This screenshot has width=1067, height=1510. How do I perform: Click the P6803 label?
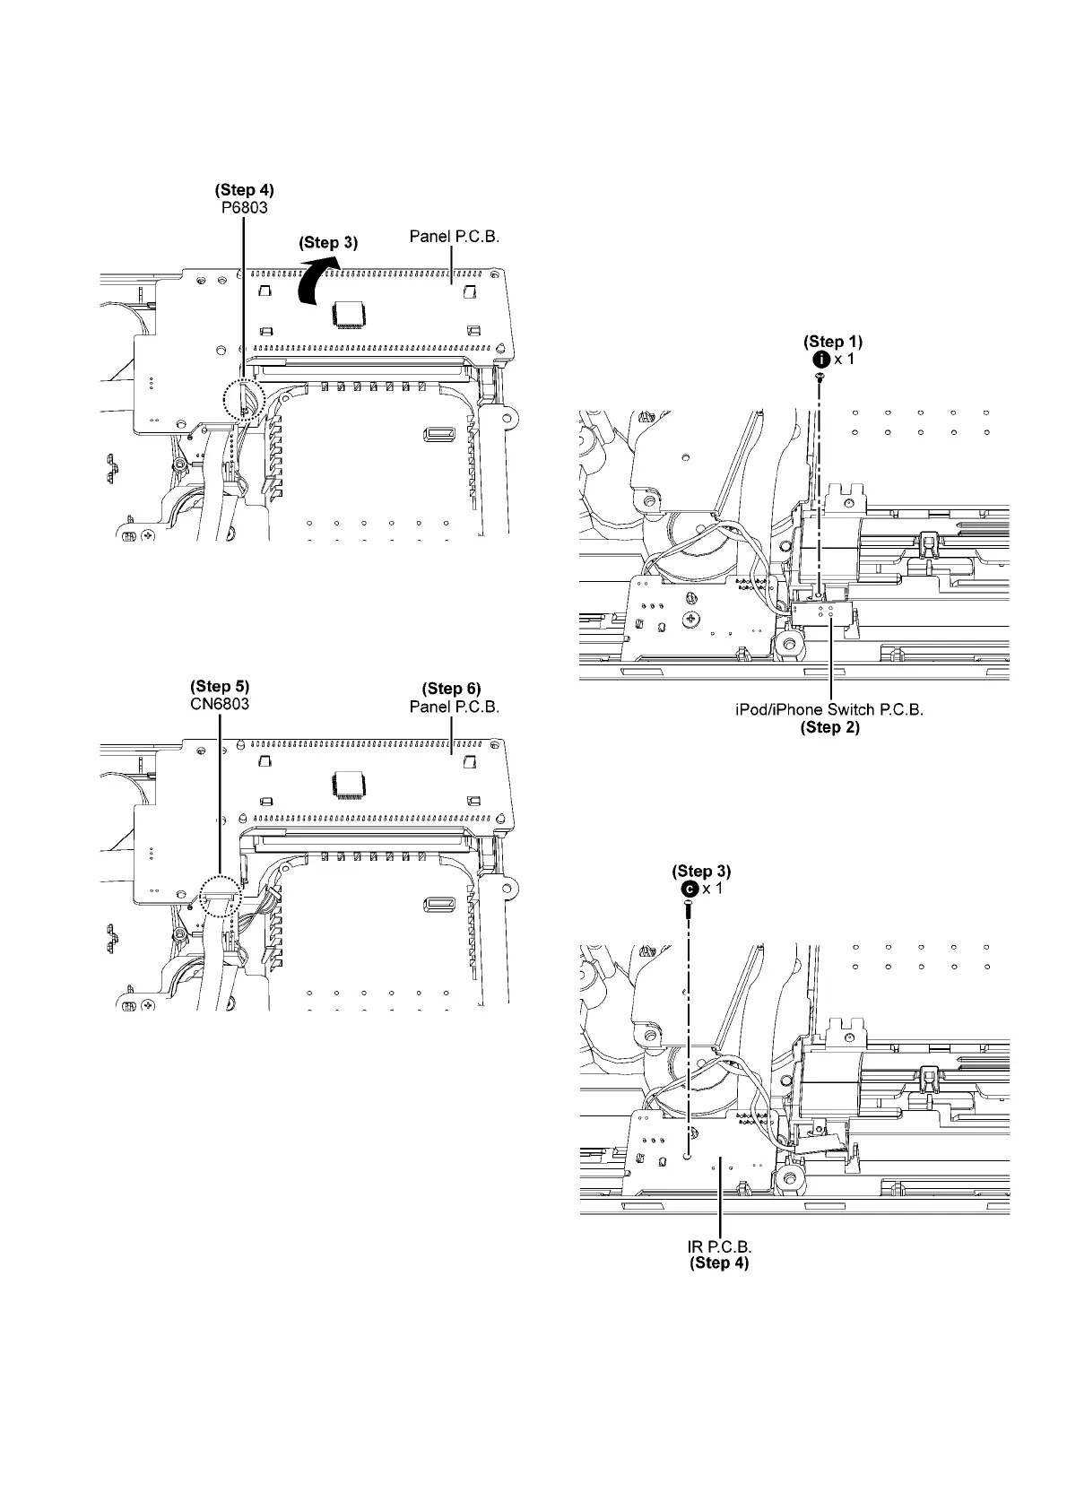pyautogui.click(x=245, y=207)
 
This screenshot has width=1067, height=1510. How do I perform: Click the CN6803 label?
pyautogui.click(x=220, y=705)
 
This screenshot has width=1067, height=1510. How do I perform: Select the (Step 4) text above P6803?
pyautogui.click(x=245, y=190)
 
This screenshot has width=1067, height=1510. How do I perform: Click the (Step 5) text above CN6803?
pyautogui.click(x=220, y=688)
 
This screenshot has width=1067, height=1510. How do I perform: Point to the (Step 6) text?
pyautogui.click(x=452, y=689)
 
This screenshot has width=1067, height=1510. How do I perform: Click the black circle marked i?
pyautogui.click(x=820, y=359)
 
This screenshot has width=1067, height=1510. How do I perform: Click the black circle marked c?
pyautogui.click(x=689, y=889)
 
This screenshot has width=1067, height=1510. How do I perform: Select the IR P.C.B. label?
pyautogui.click(x=719, y=1246)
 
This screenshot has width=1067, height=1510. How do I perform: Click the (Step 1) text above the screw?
pyautogui.click(x=833, y=342)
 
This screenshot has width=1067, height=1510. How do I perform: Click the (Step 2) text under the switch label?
pyautogui.click(x=829, y=727)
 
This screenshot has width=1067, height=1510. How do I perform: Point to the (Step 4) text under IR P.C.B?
pyautogui.click(x=719, y=1263)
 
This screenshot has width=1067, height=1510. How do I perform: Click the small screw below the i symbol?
pyautogui.click(x=820, y=380)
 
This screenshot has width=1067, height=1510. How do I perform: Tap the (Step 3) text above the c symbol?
pyautogui.click(x=702, y=871)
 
